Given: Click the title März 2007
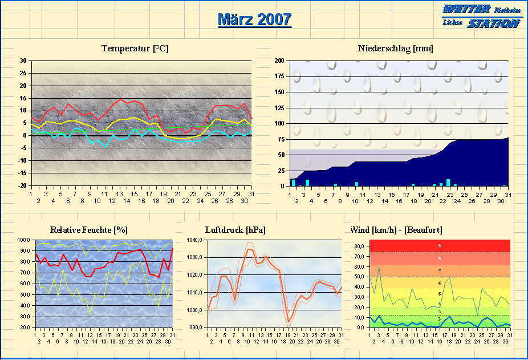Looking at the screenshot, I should click(254, 19).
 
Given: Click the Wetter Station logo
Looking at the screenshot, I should click(482, 16).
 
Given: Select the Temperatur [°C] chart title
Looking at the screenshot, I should click(135, 48).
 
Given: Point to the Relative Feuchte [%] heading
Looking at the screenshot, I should click(89, 230).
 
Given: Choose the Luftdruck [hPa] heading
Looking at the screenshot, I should click(235, 230).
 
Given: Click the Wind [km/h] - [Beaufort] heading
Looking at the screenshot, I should click(396, 230).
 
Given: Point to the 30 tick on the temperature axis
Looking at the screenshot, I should click(23, 61).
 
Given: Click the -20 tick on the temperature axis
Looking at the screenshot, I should click(22, 186).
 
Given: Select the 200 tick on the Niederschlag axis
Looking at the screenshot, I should click(279, 61).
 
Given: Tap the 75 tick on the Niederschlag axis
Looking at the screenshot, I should click(281, 139).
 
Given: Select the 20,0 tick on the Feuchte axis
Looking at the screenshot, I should click(26, 327).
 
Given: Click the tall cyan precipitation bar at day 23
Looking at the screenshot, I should click(448, 183).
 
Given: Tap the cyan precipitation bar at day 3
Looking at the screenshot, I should click(307, 183).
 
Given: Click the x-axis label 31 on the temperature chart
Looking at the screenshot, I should click(251, 195).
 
